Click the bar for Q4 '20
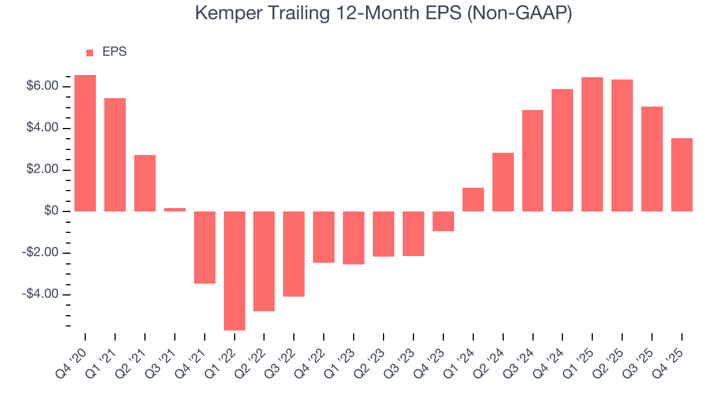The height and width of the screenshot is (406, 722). point(85,143)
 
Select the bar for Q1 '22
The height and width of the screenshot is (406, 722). point(235,271)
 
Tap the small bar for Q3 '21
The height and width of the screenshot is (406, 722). point(175,210)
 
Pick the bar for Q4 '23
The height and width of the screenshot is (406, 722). point(443,221)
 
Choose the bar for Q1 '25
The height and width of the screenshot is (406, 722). point(592,144)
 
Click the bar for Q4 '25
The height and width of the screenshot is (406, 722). point(682,175)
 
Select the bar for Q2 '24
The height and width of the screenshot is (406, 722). point(503,182)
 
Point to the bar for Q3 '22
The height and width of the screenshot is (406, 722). point(294,254)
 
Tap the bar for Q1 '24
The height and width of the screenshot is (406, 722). point(473,200)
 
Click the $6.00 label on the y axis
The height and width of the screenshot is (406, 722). point(42,86)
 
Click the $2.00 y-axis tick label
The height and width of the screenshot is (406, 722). point(42,170)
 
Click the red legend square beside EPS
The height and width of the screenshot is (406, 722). point(90,52)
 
